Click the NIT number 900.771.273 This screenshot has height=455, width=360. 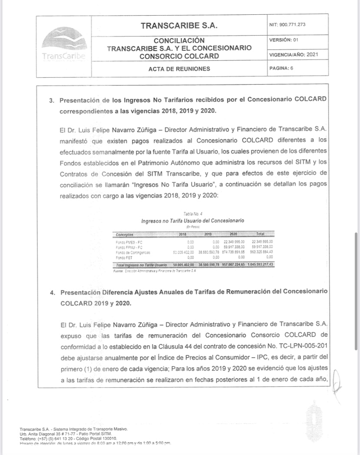tap(288, 24)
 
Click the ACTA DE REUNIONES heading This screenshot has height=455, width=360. tap(179, 69)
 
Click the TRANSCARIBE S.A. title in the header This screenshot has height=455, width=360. tap(179, 26)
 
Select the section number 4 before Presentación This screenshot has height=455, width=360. tap(52, 292)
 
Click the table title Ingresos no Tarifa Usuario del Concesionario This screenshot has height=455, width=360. tap(193, 221)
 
